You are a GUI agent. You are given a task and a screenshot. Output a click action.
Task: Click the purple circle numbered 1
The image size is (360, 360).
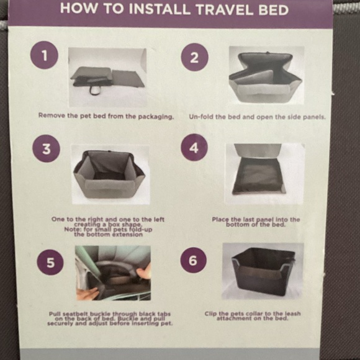coord(44,56)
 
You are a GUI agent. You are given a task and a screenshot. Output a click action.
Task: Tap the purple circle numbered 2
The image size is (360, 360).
coord(194,58)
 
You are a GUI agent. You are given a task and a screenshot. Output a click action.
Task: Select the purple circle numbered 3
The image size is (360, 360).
coord(46,149)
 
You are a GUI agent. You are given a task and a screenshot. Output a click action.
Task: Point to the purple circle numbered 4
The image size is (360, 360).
coord(194,148)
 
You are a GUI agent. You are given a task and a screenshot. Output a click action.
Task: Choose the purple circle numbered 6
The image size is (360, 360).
coord(194,259)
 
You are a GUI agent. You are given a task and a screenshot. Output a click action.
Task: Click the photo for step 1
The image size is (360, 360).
coord(107,76)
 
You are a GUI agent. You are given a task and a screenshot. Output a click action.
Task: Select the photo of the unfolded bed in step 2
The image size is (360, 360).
coord(266,76)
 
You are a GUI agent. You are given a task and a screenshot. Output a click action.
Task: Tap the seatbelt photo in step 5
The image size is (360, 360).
coord(113,272)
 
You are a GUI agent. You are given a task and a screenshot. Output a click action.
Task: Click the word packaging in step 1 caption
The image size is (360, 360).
coord(153,115)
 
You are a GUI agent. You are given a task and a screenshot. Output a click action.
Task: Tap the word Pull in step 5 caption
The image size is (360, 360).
coord(55,314)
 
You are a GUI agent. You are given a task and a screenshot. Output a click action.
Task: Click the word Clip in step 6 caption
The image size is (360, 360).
coord(211,314)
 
